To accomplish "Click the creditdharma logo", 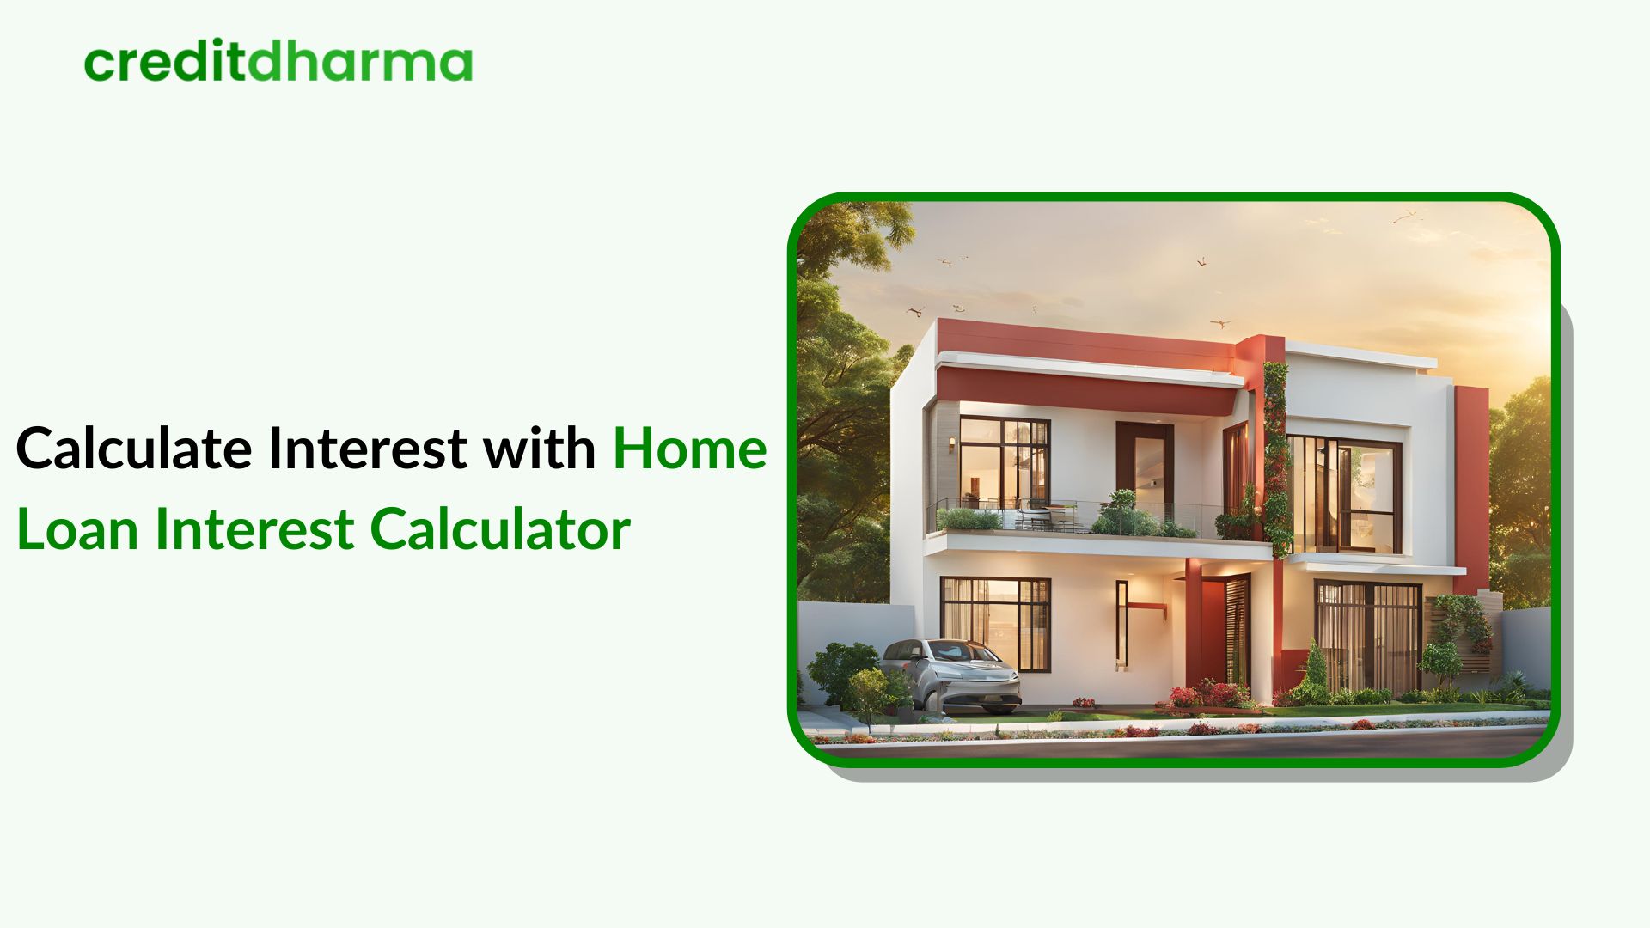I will click(x=278, y=63).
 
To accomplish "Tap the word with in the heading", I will click(x=539, y=449).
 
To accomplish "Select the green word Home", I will click(x=689, y=449).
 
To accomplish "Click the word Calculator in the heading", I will click(x=500, y=529).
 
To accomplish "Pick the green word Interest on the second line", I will click(x=254, y=529).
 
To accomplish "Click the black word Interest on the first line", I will click(x=368, y=449).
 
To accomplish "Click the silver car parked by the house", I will click(x=950, y=675).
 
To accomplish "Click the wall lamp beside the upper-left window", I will click(x=951, y=444).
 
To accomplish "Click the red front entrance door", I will click(x=1213, y=632).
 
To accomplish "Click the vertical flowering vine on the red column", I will click(x=1275, y=455).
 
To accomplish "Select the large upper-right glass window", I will click(x=1345, y=494).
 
